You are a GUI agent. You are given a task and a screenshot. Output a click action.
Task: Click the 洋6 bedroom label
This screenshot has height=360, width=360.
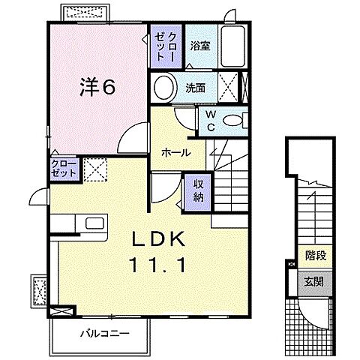point(97,87)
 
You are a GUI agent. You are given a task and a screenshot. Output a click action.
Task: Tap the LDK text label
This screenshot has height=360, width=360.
point(159,239)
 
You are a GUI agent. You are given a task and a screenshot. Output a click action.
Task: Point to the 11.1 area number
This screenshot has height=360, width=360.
point(157,265)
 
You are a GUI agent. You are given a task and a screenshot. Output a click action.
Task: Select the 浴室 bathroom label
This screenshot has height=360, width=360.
point(200,46)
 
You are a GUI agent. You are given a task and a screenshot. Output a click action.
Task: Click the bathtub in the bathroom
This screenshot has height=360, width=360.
point(232,46)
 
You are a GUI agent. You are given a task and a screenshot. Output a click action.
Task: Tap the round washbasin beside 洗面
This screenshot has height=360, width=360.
point(164,88)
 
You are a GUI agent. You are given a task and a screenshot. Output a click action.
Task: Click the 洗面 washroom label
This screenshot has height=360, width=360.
point(196,88)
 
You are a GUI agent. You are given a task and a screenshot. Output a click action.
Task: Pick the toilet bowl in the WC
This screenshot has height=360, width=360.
point(232,121)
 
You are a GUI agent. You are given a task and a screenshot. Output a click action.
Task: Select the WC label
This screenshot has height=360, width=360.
point(211,121)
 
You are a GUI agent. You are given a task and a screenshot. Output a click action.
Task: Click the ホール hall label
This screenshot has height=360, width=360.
point(176,152)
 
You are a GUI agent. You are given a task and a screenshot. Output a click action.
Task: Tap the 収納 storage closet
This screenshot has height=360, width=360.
point(198,191)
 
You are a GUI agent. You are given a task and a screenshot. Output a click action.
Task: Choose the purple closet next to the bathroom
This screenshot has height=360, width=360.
point(166,46)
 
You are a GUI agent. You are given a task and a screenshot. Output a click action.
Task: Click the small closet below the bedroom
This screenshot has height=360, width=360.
point(64,169)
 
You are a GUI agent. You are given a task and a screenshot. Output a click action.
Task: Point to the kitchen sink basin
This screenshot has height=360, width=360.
point(94,223)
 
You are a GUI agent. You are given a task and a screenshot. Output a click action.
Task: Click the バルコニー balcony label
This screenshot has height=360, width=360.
point(105,333)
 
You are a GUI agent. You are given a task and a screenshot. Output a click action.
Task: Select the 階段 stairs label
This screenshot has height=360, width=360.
point(316,256)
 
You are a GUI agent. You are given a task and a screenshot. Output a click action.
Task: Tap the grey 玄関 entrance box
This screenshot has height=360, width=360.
point(315,282)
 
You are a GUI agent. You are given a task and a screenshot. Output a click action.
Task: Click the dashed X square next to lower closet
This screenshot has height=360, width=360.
point(95,170)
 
